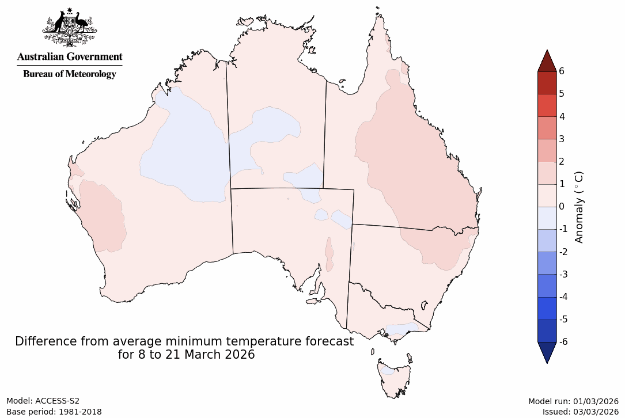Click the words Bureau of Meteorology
pos(69,74)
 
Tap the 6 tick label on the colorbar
pos(561,71)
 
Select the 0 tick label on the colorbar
pos(561,206)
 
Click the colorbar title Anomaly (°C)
pos(579,206)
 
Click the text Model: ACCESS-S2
pos(43,401)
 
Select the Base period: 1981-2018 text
pos(54,412)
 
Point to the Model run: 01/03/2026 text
pos(573,401)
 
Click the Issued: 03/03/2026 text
pos(580,412)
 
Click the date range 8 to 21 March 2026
pos(186,355)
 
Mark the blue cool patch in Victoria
pos(401,329)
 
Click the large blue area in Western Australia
pos(184,155)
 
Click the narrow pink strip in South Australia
pos(329,255)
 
